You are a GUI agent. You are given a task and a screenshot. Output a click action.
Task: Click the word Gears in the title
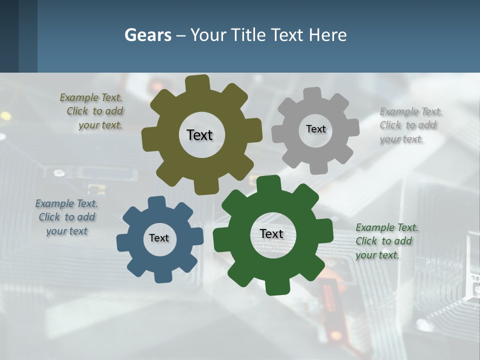[147, 35]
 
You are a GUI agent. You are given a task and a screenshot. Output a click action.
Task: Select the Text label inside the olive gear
[199, 135]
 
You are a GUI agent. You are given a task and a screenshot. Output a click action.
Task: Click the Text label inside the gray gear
[315, 129]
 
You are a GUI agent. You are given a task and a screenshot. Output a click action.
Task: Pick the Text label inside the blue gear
[159, 238]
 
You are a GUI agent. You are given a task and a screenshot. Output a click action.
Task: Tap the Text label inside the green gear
[271, 233]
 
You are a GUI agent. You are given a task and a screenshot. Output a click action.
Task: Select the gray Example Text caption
[410, 125]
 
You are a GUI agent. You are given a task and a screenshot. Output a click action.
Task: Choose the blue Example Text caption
[66, 217]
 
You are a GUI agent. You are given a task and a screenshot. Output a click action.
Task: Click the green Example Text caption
[386, 241]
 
